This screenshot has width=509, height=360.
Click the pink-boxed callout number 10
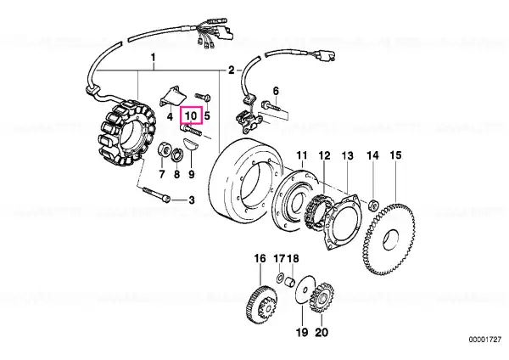(191, 115)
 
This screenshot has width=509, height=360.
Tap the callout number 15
(395, 155)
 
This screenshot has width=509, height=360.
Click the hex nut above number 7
(162, 150)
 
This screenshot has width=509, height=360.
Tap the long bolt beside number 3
(156, 193)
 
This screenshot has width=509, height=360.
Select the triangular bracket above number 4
(171, 94)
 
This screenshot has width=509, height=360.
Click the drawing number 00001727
(485, 340)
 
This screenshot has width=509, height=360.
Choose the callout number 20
(322, 332)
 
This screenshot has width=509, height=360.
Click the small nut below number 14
(372, 205)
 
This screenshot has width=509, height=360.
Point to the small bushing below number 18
(290, 281)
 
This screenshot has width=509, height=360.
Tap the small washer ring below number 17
(279, 278)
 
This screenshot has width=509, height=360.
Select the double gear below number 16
(260, 305)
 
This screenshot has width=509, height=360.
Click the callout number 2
(231, 70)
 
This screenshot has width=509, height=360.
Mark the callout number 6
(276, 91)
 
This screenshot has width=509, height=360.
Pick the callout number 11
(302, 155)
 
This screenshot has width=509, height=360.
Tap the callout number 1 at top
(153, 59)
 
